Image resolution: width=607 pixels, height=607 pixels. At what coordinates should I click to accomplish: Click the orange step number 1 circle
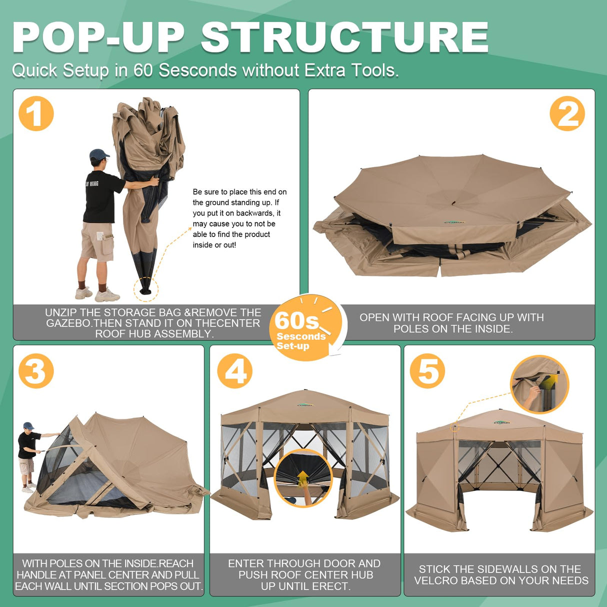pyautogui.click(x=36, y=113)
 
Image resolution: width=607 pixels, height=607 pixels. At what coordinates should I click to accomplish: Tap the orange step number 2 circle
pyautogui.click(x=567, y=113)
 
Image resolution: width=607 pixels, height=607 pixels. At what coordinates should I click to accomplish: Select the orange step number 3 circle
pyautogui.click(x=36, y=371)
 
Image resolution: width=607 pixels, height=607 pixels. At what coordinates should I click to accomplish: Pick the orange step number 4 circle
pyautogui.click(x=234, y=371)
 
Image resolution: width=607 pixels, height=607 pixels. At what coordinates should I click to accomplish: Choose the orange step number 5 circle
pyautogui.click(x=427, y=371)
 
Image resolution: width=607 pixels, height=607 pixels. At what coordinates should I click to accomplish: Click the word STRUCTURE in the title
pyautogui.click(x=344, y=37)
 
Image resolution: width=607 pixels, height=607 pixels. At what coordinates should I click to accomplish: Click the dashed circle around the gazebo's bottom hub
pyautogui.click(x=145, y=289)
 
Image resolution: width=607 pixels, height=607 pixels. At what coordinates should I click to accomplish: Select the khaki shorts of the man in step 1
pyautogui.click(x=97, y=241)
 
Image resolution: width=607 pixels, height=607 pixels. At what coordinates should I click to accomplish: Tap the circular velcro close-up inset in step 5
pyautogui.click(x=540, y=384)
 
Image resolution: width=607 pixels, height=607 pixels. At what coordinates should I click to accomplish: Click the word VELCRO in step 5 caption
pyautogui.click(x=434, y=580)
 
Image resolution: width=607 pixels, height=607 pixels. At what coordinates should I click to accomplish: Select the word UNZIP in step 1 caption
pyautogui.click(x=60, y=312)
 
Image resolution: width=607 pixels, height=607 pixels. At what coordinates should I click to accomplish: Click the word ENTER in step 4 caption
pyautogui.click(x=246, y=563)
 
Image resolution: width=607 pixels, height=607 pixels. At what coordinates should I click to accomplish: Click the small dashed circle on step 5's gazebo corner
pyautogui.click(x=454, y=427)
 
